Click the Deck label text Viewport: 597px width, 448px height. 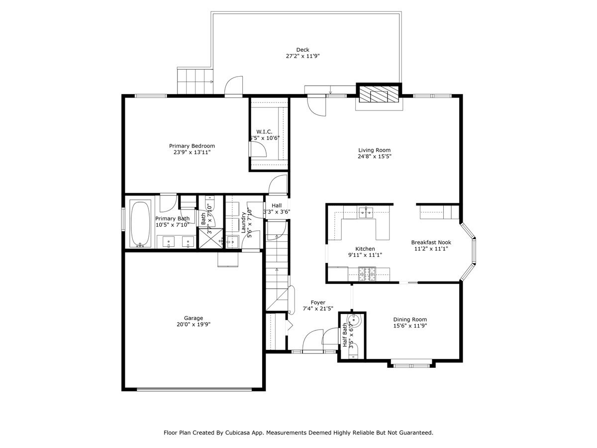[x=302, y=49]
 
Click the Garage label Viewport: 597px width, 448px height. [x=193, y=318]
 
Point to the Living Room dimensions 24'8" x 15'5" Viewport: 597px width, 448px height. [x=374, y=156]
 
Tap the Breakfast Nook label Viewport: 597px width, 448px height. [x=430, y=242]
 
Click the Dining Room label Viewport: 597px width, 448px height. [x=410, y=320]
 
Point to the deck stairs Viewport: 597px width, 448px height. [x=195, y=81]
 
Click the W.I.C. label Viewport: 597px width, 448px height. [x=264, y=131]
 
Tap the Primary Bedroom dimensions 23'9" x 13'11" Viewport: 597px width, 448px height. [x=192, y=152]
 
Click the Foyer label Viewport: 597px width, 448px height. [x=318, y=302]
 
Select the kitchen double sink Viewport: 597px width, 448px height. [x=366, y=213]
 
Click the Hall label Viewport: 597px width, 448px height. [x=277, y=205]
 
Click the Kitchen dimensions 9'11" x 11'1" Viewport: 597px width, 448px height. [x=365, y=255]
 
